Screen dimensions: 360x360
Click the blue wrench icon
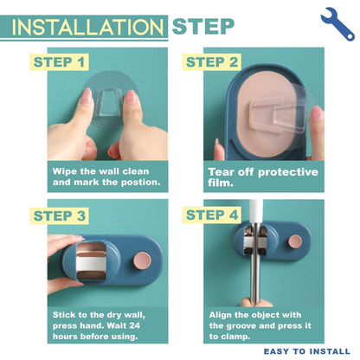click(x=337, y=24)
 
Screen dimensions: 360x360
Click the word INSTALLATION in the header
click(x=87, y=28)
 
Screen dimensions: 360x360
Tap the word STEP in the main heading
click(x=203, y=27)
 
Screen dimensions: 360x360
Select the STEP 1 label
click(x=59, y=62)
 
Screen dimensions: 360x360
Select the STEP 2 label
click(x=212, y=62)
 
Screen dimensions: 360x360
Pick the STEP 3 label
click(x=60, y=215)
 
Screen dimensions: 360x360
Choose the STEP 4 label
click(x=212, y=215)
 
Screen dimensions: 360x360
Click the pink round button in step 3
click(x=142, y=260)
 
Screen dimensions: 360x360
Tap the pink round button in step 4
click(x=295, y=241)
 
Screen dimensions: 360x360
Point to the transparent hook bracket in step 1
click(x=109, y=102)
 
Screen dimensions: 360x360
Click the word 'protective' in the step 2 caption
click(x=288, y=172)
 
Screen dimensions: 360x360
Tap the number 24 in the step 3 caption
click(x=134, y=325)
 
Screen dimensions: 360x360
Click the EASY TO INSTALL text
click(x=307, y=351)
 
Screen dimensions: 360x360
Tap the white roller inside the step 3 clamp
click(x=91, y=264)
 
